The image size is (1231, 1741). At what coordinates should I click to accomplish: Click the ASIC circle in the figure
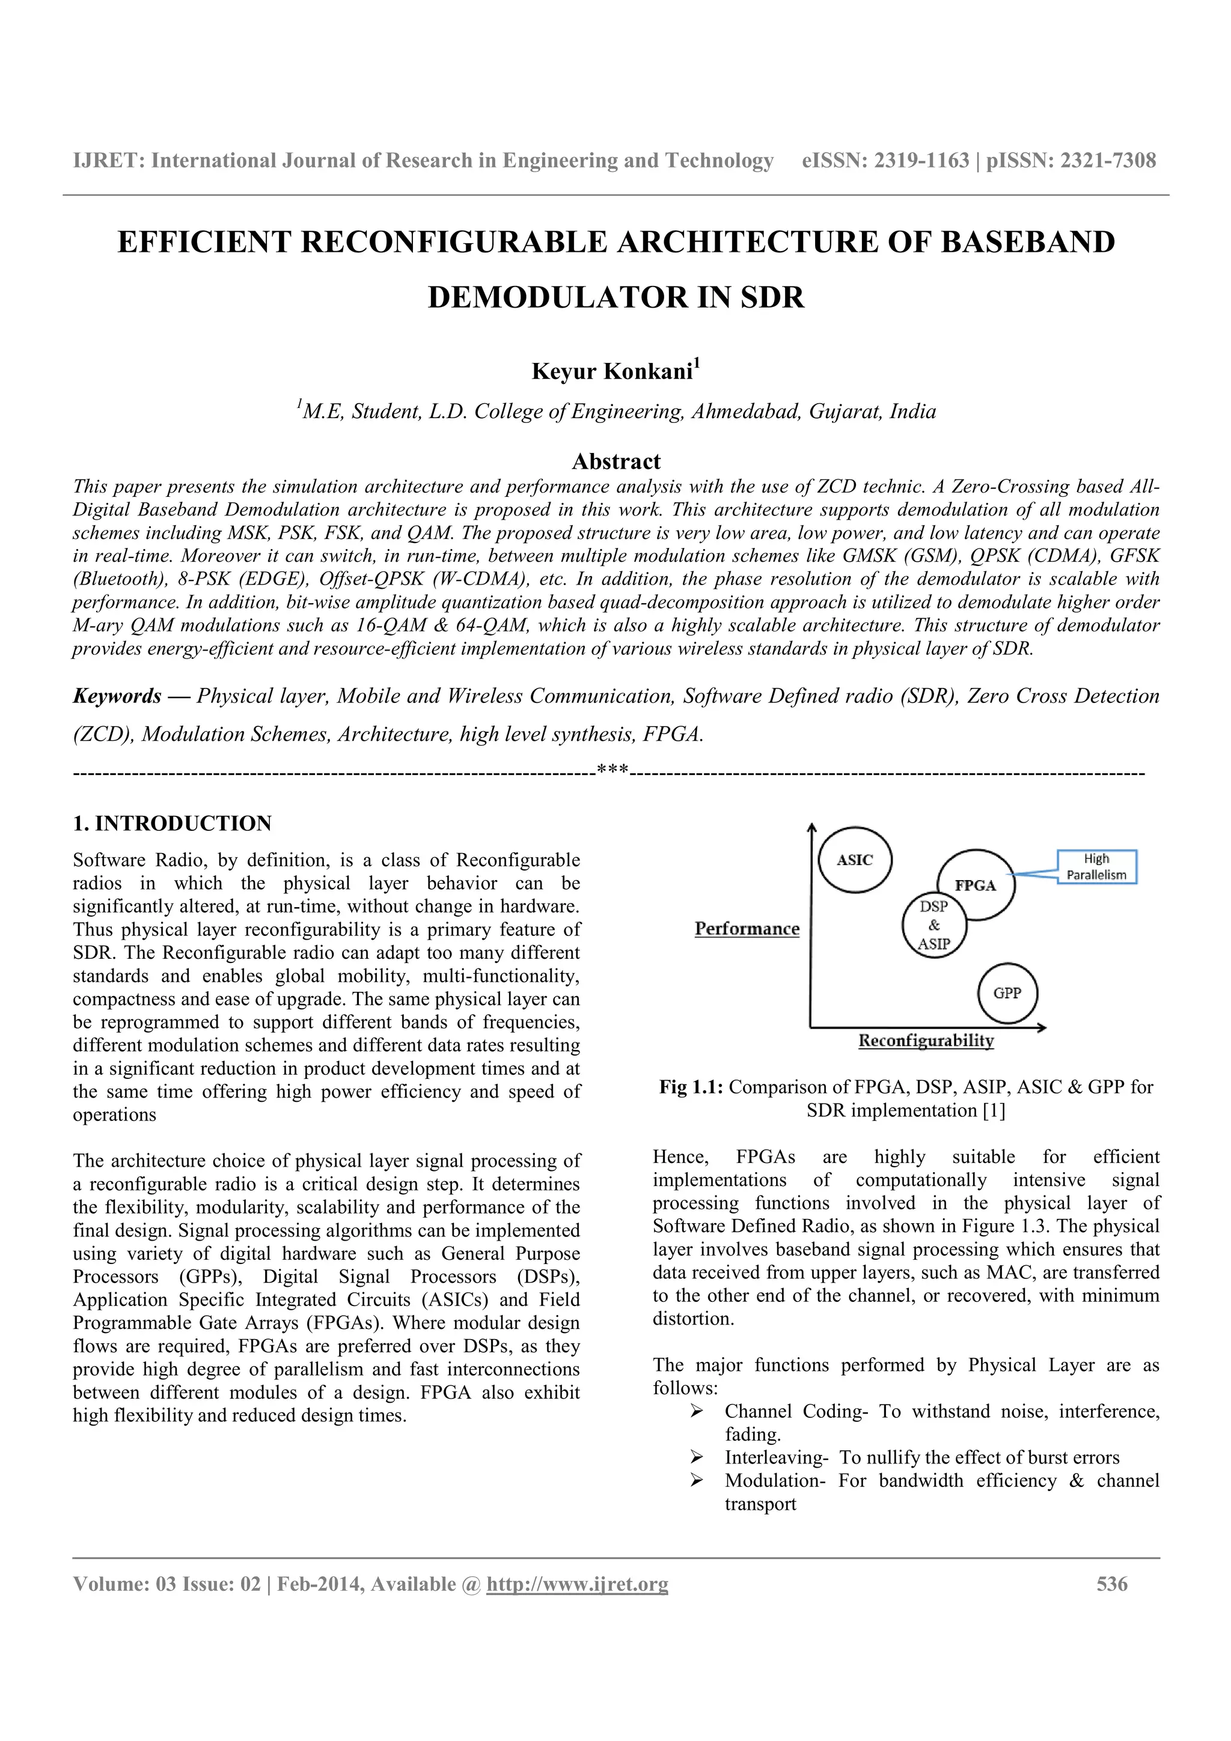tap(855, 860)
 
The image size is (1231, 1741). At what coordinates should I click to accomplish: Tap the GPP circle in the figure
tap(1007, 992)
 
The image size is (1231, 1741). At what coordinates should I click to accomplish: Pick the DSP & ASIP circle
tap(933, 926)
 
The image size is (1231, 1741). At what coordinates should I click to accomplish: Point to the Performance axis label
tap(747, 929)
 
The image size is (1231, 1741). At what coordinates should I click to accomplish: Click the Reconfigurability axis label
tap(926, 1041)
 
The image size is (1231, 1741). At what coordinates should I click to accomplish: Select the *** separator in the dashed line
tap(612, 771)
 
